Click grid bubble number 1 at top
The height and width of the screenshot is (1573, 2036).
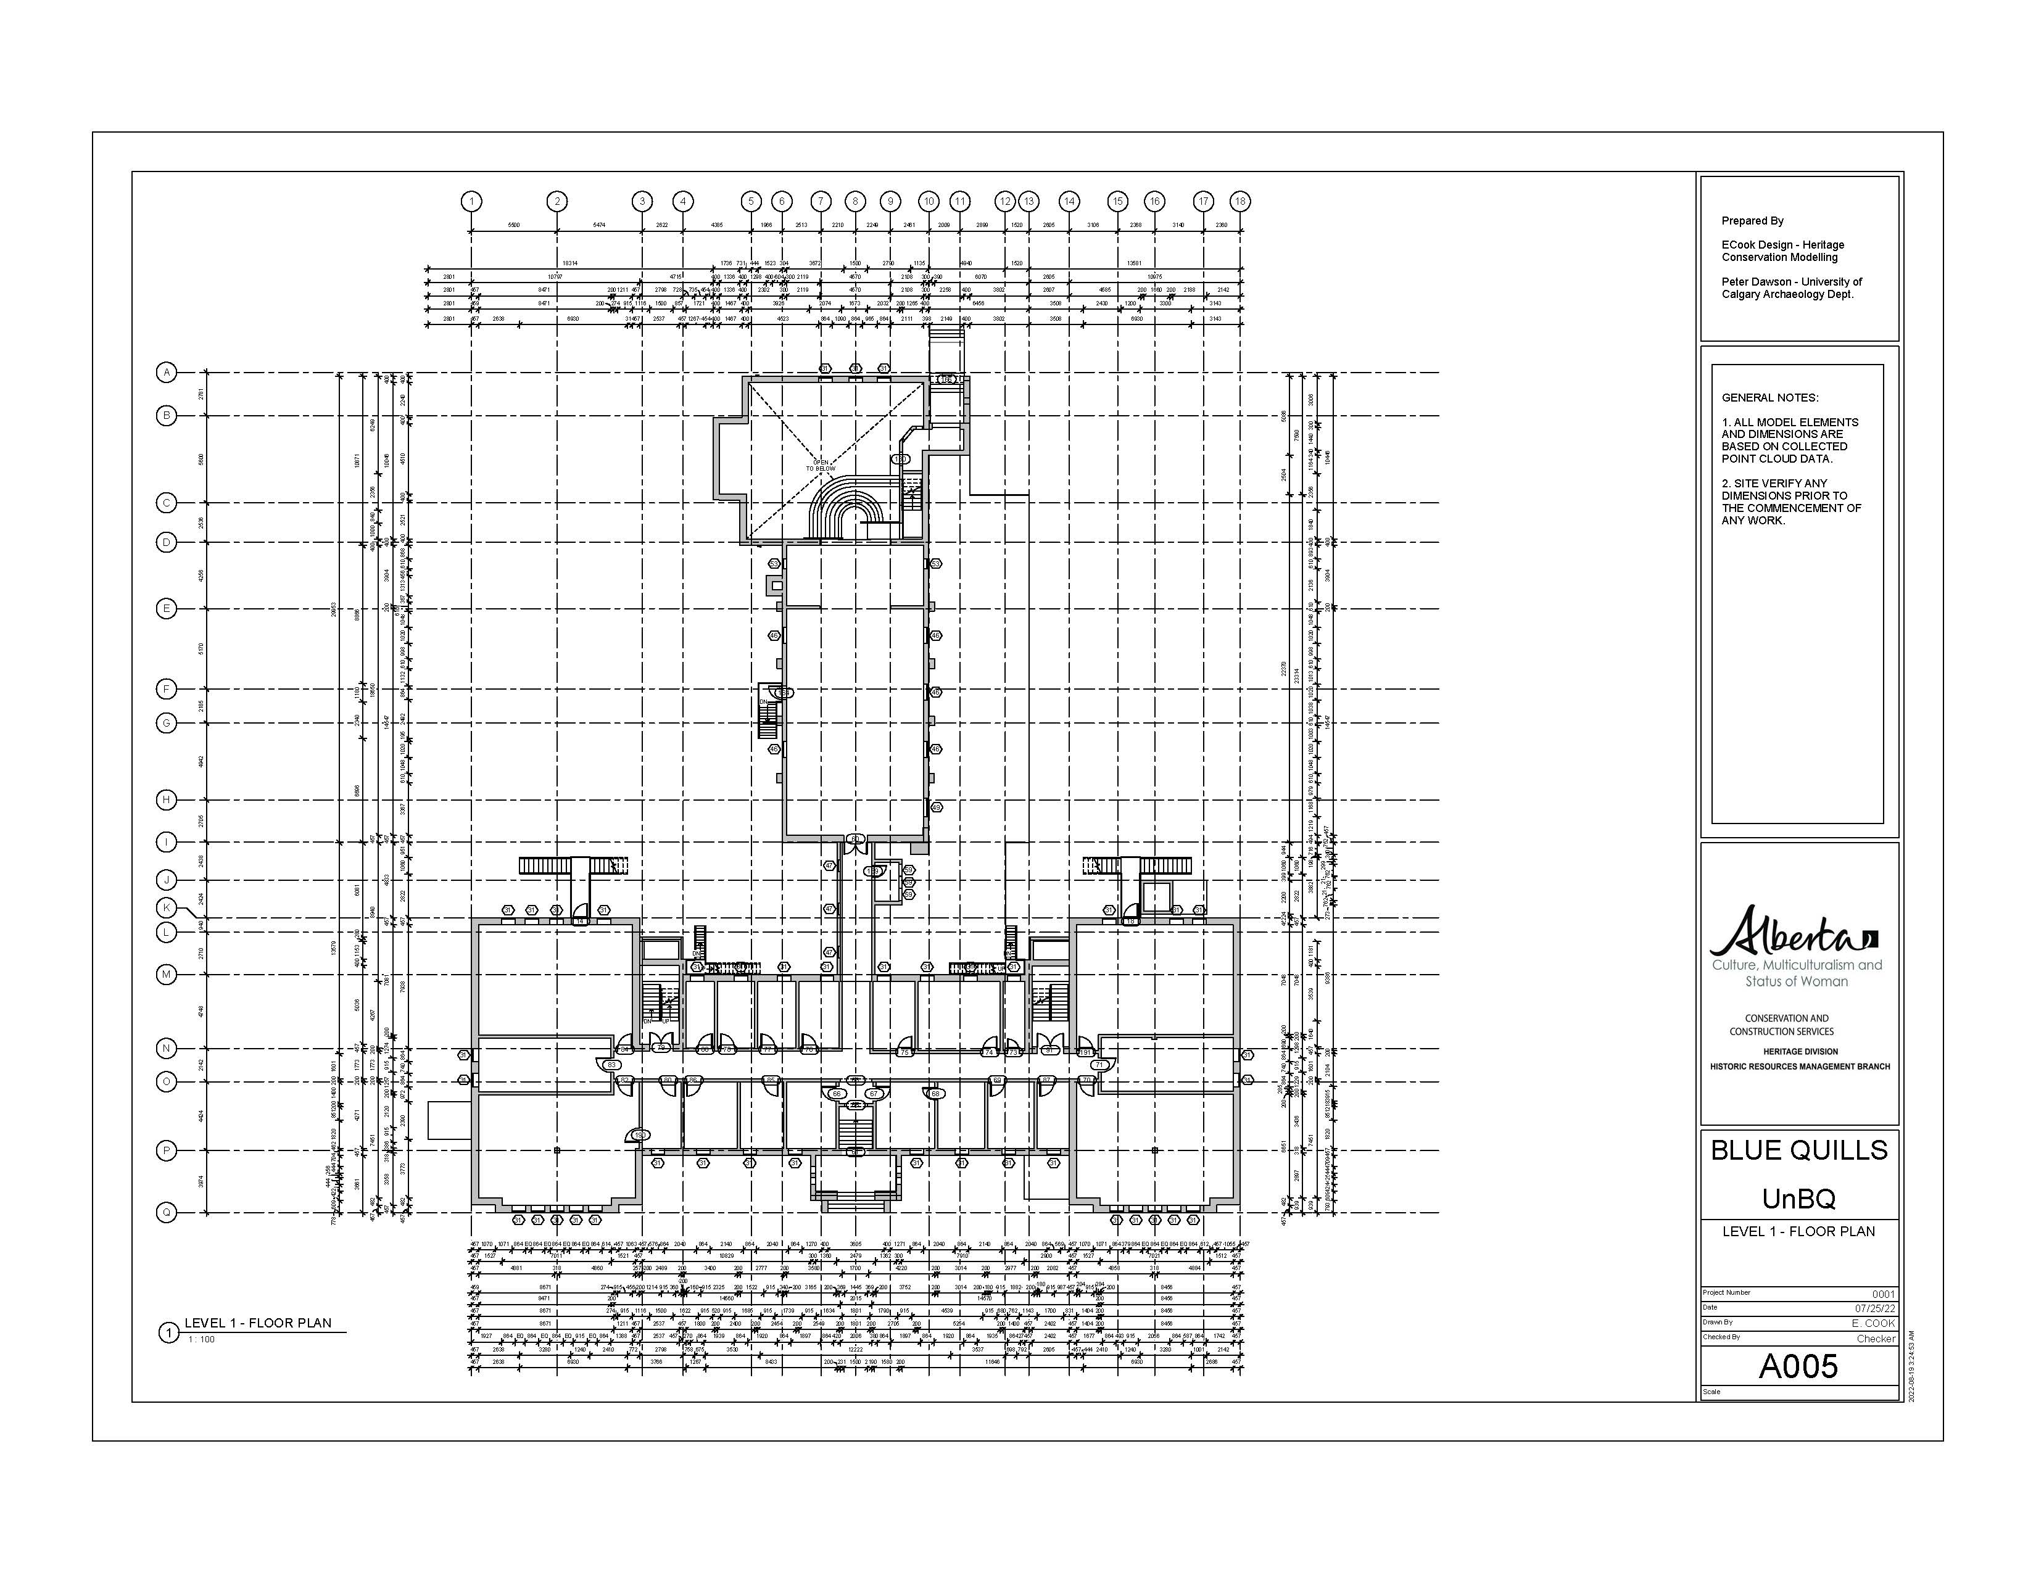pos(472,201)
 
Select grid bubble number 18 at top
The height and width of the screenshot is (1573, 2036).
pos(1240,201)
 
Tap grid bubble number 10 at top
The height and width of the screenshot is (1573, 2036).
pos(929,201)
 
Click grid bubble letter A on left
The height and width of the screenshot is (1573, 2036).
pos(167,373)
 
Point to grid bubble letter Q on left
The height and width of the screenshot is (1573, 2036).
pos(167,1212)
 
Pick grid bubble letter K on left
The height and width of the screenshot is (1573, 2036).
pos(167,907)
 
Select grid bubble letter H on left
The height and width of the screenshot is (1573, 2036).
pos(167,799)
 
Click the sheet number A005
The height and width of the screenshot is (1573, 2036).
pos(1798,1366)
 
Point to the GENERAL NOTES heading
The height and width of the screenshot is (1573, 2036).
pos(1769,398)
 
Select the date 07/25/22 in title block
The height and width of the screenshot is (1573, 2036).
pos(1876,1308)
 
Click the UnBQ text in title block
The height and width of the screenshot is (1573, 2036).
pos(1798,1199)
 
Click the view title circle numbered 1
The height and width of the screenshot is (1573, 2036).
pos(168,1334)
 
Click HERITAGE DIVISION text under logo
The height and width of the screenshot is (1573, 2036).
pos(1800,1051)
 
